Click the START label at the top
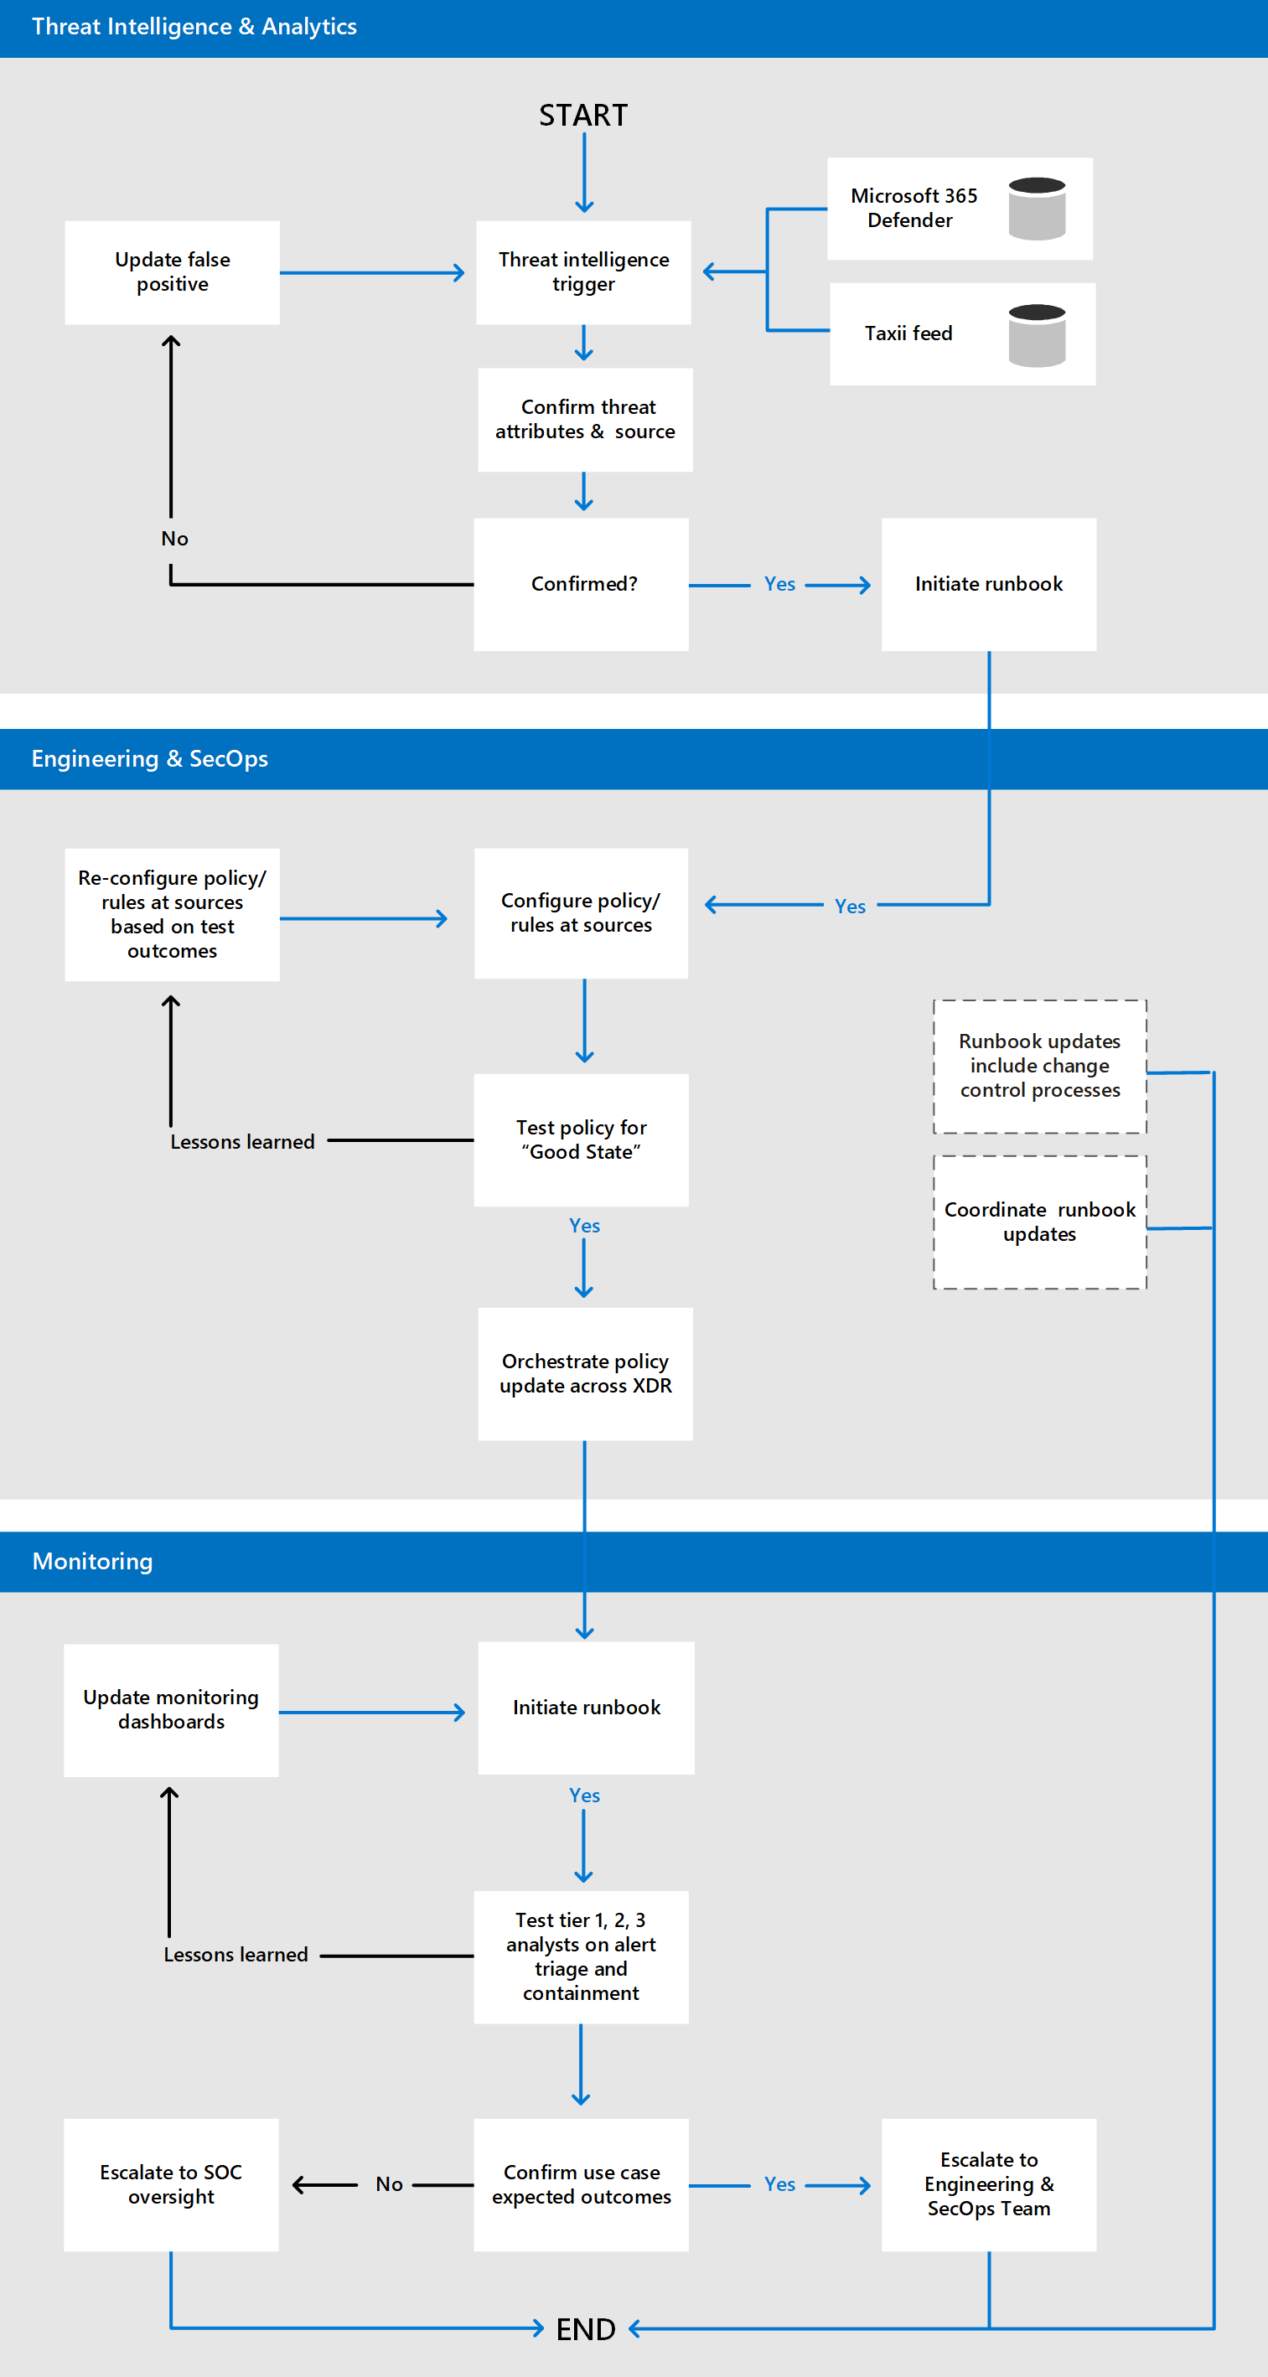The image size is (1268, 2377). click(583, 116)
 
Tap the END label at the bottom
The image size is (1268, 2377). click(585, 2329)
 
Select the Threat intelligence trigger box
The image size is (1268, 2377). click(583, 272)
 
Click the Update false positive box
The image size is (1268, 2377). click(173, 272)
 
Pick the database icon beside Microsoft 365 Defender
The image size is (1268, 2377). click(1037, 209)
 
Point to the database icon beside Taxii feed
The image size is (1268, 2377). click(1037, 335)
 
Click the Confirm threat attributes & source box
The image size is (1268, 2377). click(585, 420)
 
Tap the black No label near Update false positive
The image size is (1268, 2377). click(174, 539)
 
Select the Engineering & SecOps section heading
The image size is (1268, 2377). click(149, 758)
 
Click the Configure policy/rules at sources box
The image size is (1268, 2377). click(582, 912)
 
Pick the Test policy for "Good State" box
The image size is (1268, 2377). click(582, 1139)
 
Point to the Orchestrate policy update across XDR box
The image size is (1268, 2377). click(585, 1373)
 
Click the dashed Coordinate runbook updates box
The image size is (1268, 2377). click(1039, 1222)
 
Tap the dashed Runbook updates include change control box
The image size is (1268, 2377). click(1039, 1066)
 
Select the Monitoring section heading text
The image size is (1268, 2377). click(92, 1561)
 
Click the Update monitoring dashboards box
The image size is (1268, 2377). click(172, 1710)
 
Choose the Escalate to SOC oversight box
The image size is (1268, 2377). click(172, 2184)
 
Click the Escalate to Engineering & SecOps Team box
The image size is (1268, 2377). click(988, 2184)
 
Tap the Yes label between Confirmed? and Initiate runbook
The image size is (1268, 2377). click(779, 584)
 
